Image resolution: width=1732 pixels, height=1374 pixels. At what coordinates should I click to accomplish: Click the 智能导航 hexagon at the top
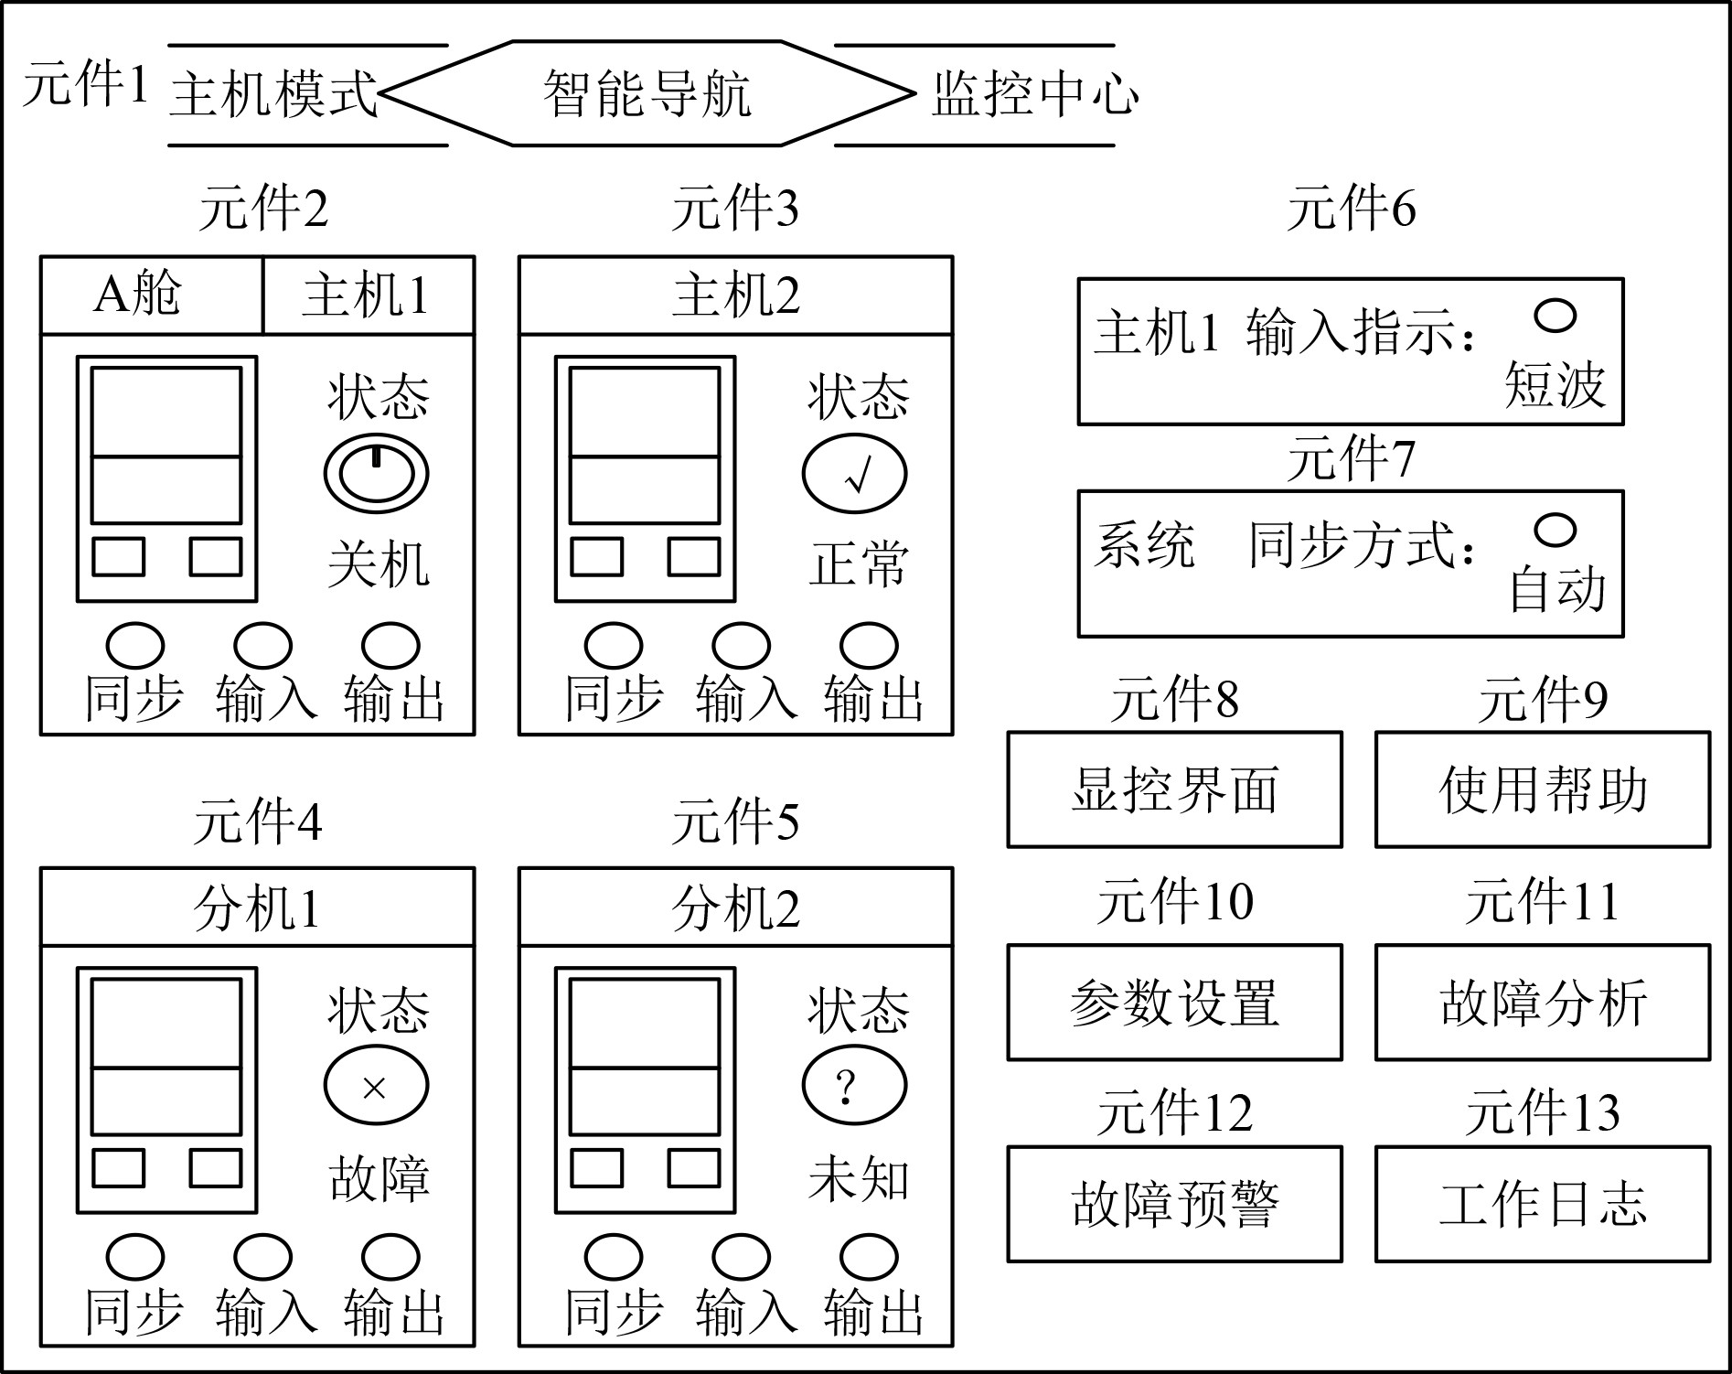[x=647, y=93]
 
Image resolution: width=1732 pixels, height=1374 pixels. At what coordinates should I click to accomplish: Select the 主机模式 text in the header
[x=273, y=93]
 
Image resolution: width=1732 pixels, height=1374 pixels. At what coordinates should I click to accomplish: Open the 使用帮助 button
[x=1542, y=789]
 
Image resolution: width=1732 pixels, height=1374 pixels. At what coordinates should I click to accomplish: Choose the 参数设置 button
[x=1174, y=1002]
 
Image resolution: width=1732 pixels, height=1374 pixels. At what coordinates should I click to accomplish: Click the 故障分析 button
[x=1542, y=1002]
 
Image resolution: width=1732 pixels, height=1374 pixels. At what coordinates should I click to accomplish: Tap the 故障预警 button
[x=1174, y=1204]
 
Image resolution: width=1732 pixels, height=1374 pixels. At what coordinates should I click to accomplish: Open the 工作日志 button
[x=1542, y=1204]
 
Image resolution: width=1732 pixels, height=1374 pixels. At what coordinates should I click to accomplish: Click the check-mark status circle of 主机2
[x=854, y=475]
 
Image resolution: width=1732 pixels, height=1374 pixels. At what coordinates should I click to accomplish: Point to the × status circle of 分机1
[x=376, y=1086]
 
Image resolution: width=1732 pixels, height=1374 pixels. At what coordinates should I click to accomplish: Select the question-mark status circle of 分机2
[x=854, y=1086]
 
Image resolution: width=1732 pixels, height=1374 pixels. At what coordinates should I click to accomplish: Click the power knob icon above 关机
[x=376, y=473]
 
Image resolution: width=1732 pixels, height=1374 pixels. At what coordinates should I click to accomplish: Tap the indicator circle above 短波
[x=1555, y=316]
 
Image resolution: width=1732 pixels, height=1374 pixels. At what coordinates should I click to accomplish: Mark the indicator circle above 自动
[x=1555, y=530]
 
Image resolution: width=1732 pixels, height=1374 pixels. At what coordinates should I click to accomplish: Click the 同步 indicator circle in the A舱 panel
[x=135, y=645]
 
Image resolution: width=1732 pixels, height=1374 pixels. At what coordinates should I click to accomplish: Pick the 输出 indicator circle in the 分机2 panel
[x=869, y=1257]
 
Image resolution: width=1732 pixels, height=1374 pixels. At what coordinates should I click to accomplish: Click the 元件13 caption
[x=1542, y=1113]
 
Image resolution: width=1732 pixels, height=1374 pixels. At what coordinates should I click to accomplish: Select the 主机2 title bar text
[x=735, y=295]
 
